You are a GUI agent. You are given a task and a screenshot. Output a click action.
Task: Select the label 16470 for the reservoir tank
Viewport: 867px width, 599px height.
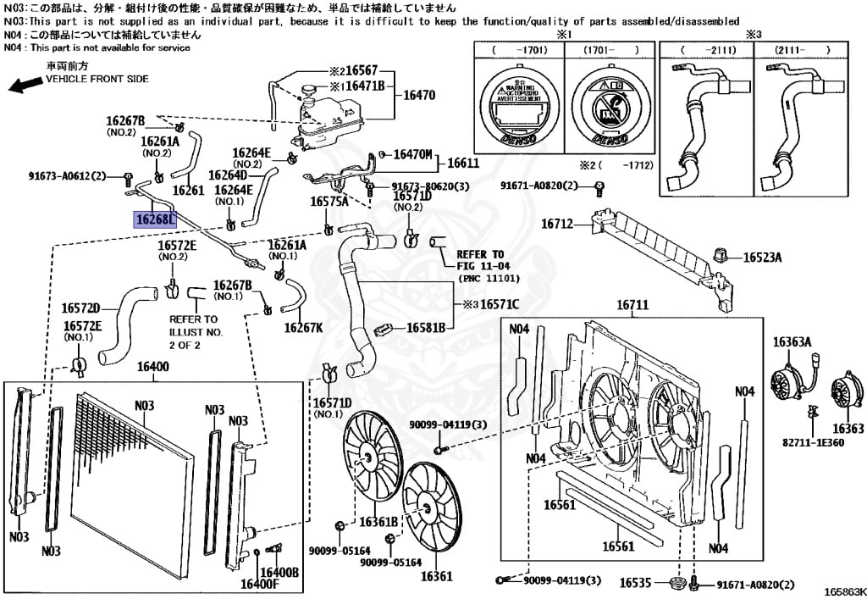coord(419,96)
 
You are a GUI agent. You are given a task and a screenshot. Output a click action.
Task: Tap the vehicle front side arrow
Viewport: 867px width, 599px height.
coord(26,83)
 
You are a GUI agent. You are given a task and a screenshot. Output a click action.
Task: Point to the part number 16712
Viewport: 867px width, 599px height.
coord(558,225)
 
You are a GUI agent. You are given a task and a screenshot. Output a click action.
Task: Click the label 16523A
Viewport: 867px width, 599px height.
coord(763,258)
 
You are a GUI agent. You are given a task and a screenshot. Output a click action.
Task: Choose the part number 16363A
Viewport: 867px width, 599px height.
coord(792,342)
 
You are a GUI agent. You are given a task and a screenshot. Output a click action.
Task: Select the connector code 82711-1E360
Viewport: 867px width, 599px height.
coord(813,442)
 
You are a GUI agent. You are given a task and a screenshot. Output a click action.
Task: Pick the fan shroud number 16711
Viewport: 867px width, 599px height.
coord(632,305)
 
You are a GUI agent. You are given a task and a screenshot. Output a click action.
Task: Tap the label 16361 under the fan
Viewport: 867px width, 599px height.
coord(431,577)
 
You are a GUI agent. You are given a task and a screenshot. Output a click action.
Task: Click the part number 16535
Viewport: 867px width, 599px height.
coord(635,583)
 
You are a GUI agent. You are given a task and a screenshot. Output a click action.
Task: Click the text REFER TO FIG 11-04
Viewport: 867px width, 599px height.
coord(480,259)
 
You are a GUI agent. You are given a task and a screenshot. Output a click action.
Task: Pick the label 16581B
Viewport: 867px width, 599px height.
coord(427,327)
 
